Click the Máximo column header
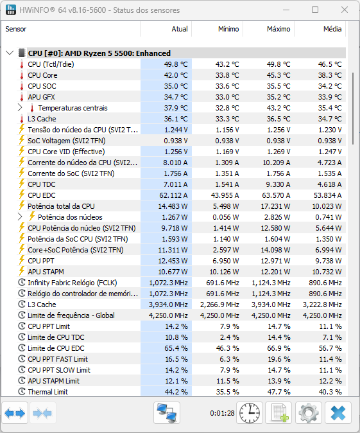279,29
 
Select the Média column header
332,29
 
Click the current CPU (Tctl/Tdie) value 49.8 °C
176,64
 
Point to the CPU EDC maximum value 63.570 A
276,195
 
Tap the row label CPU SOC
42,86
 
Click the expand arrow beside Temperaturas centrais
20,108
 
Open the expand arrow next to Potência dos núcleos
20,216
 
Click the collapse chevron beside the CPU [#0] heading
10,53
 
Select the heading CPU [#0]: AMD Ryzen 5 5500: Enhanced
99,53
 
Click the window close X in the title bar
344,10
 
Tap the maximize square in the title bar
315,10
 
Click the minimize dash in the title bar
286,10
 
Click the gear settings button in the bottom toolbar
309,413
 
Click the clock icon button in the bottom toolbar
250,413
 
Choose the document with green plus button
279,413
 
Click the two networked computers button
167,413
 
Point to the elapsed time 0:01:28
222,413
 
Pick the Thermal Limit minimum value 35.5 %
228,392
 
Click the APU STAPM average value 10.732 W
327,272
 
